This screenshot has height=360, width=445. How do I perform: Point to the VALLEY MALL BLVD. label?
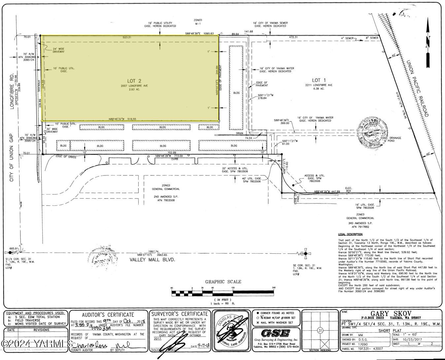click(x=152, y=260)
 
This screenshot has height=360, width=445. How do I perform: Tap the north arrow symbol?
click(x=428, y=43)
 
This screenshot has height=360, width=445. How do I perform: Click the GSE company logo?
click(x=275, y=333)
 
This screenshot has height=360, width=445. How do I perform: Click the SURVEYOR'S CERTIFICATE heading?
click(x=180, y=314)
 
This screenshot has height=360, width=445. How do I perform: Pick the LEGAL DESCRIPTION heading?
click(x=350, y=234)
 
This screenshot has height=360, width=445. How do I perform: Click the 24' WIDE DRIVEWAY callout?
click(x=58, y=50)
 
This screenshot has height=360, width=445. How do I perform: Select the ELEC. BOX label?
click(x=348, y=190)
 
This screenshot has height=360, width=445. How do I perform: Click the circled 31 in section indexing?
click(x=320, y=331)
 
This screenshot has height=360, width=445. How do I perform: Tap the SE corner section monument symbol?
click(x=306, y=254)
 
